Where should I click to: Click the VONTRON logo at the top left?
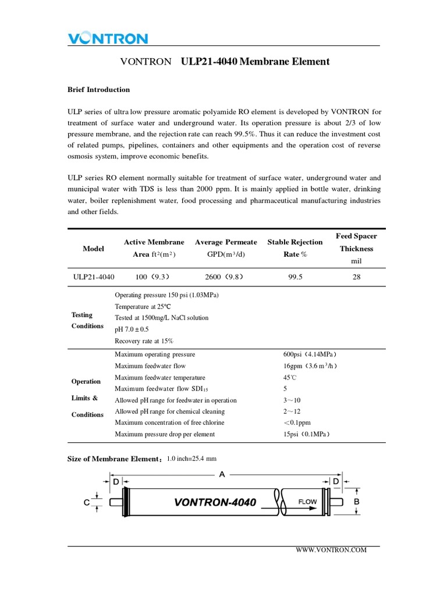click(108, 38)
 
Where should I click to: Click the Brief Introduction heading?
click(98, 90)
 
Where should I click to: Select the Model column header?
click(93, 249)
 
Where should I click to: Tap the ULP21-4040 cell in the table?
click(94, 277)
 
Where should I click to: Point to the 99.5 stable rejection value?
click(295, 277)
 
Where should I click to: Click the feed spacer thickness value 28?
click(357, 277)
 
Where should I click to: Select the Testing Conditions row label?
click(87, 320)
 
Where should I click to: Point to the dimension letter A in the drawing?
click(221, 474)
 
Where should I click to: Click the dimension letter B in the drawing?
click(357, 501)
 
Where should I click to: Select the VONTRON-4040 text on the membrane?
click(215, 502)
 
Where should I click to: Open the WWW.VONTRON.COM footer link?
click(332, 550)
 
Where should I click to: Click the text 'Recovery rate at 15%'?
click(144, 340)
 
